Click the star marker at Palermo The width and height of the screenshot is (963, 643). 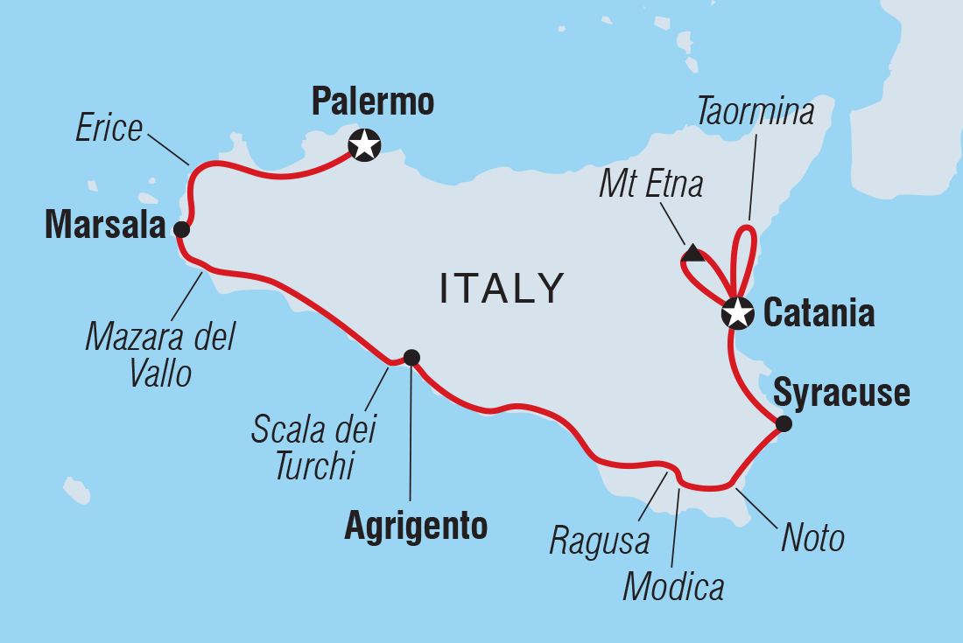[364, 144]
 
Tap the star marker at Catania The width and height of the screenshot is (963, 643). [737, 312]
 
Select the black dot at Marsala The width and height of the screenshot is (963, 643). [181, 230]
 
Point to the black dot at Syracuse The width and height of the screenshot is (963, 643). [784, 424]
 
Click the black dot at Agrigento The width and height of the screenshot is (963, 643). [411, 357]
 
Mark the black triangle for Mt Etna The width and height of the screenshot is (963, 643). [692, 255]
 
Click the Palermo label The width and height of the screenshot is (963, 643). [373, 102]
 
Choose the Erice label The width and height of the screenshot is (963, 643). [109, 129]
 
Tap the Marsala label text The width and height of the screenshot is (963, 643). [105, 227]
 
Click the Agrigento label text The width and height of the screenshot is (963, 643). [416, 526]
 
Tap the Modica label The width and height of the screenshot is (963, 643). [673, 587]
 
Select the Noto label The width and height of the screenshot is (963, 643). [812, 538]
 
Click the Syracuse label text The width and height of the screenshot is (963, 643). [842, 394]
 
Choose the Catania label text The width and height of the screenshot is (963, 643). [819, 312]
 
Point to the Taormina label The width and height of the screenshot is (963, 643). [756, 112]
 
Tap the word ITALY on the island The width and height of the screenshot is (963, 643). [502, 289]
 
